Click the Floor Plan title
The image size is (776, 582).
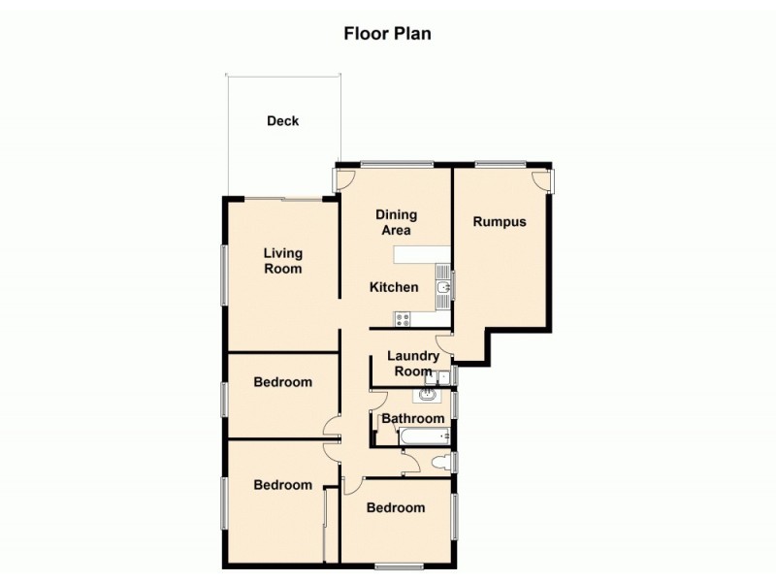pyautogui.click(x=387, y=33)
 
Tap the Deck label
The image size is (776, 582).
pyautogui.click(x=283, y=121)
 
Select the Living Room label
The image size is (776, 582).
pyautogui.click(x=283, y=261)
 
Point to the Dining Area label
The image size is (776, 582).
pyautogui.click(x=396, y=222)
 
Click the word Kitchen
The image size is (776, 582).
pyautogui.click(x=395, y=287)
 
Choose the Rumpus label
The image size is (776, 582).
pyautogui.click(x=500, y=221)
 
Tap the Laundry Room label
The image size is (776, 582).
pyautogui.click(x=413, y=363)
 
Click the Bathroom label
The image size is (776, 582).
pyautogui.click(x=412, y=419)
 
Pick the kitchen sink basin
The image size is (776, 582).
pyautogui.click(x=442, y=289)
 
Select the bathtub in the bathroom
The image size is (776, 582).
pyautogui.click(x=422, y=436)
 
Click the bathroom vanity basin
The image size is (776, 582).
pyautogui.click(x=428, y=395)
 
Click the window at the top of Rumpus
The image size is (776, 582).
pyautogui.click(x=500, y=163)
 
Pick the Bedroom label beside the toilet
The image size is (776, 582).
pyautogui.click(x=395, y=507)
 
